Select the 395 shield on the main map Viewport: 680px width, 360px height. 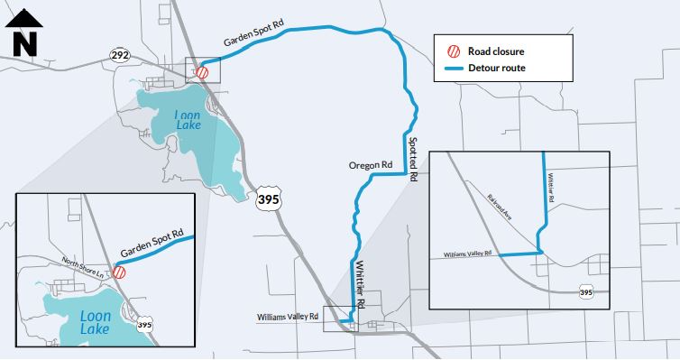267,199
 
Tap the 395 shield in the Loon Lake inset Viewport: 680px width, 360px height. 144,322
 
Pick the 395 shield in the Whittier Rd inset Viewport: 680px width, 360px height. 586,292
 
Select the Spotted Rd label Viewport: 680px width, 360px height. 413,161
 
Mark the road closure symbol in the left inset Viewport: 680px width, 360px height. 118,271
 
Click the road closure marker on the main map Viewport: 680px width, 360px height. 203,72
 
